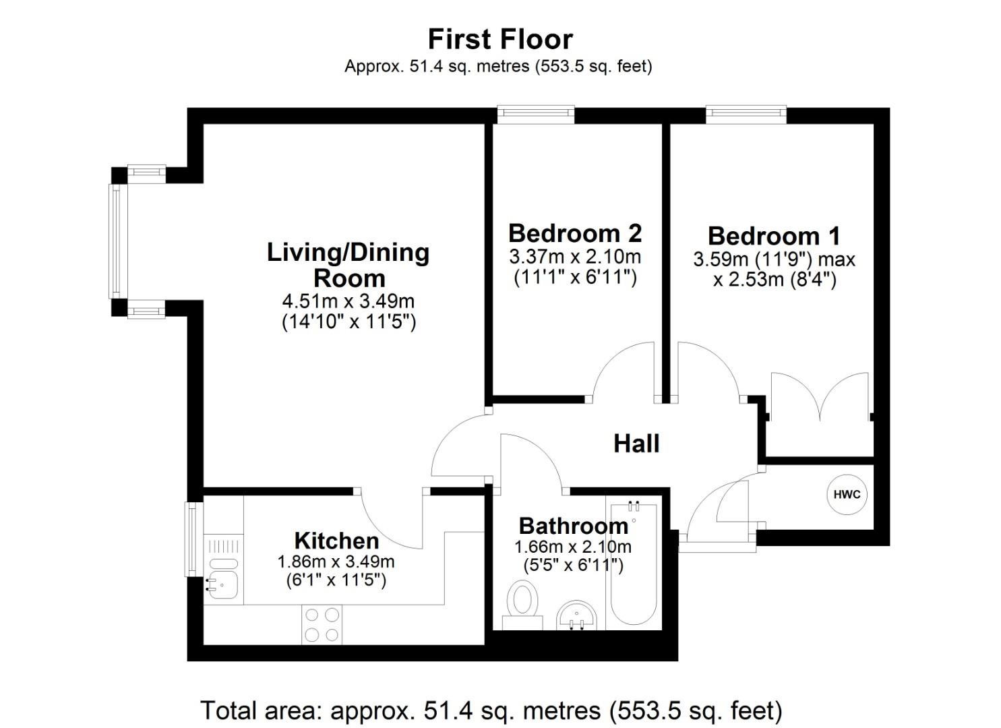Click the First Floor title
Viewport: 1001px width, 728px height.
click(500, 39)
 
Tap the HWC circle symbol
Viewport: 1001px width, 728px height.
click(847, 494)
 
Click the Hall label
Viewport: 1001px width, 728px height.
click(636, 444)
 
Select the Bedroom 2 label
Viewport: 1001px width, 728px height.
click(575, 233)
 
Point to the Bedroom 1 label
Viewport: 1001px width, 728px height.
click(774, 236)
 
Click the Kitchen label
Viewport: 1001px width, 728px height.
click(336, 541)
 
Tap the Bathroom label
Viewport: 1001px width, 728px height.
click(573, 526)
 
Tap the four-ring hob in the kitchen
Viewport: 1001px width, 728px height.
click(322, 625)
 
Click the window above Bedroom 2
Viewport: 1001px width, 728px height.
click(536, 115)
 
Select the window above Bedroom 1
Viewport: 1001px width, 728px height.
click(746, 115)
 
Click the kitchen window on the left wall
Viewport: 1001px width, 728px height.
click(193, 539)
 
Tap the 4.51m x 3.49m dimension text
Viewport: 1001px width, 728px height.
click(348, 301)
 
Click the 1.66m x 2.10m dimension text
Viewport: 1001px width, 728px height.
click(573, 546)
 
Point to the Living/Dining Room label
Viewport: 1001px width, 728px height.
click(348, 265)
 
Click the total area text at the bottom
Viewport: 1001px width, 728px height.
click(491, 710)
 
